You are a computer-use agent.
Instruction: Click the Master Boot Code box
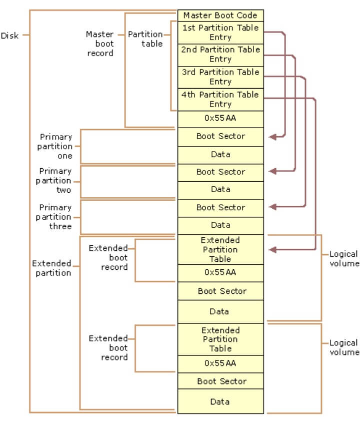coord(220,15)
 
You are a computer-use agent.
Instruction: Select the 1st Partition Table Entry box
coord(220,33)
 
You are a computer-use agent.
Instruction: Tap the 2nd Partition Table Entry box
coord(220,55)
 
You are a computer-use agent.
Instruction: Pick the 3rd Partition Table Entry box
coord(220,77)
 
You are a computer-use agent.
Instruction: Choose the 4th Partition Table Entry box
coord(220,99)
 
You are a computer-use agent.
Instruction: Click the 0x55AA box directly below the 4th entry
coord(220,119)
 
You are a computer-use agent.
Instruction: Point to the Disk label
coord(10,36)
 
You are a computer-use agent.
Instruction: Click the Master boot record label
coord(100,44)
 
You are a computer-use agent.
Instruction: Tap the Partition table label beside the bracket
coord(145,39)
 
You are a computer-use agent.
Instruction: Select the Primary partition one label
coord(56,146)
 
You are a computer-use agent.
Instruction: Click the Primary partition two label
coord(54,181)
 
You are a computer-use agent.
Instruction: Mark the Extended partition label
coord(51,268)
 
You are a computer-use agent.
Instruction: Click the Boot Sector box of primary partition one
coord(220,137)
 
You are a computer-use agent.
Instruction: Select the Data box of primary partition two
coord(220,190)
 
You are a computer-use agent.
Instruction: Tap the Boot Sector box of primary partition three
coord(220,208)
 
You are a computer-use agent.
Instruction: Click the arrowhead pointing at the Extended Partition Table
coord(272,249)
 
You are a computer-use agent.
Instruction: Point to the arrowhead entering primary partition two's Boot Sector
coord(272,171)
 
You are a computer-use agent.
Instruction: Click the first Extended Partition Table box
coord(220,250)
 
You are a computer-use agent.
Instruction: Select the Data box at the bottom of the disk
coord(220,401)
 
